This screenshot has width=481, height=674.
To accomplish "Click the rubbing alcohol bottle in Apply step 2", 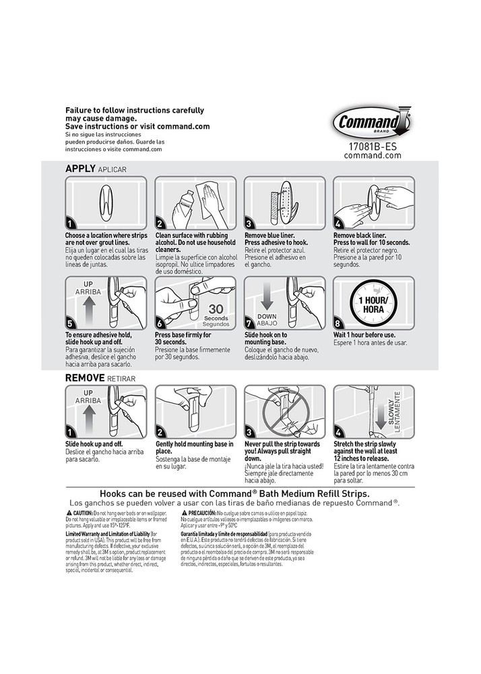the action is pyautogui.click(x=183, y=206).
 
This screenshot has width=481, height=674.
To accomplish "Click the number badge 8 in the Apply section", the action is pyautogui.click(x=338, y=324).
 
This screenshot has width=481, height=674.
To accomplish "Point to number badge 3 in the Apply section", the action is pyautogui.click(x=249, y=224).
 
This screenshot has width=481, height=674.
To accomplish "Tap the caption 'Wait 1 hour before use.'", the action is pyautogui.click(x=364, y=335).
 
